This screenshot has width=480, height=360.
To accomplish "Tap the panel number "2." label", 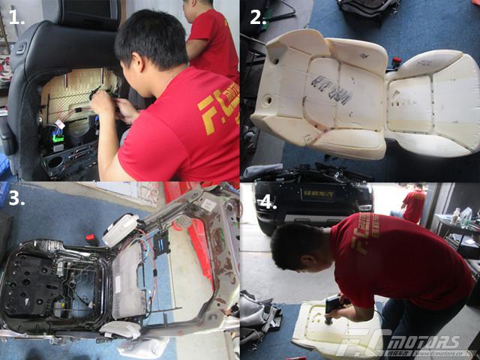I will pos(259,18).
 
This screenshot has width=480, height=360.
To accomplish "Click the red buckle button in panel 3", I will pos(91,239).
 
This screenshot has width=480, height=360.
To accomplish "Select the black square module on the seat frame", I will pos(160,244).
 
